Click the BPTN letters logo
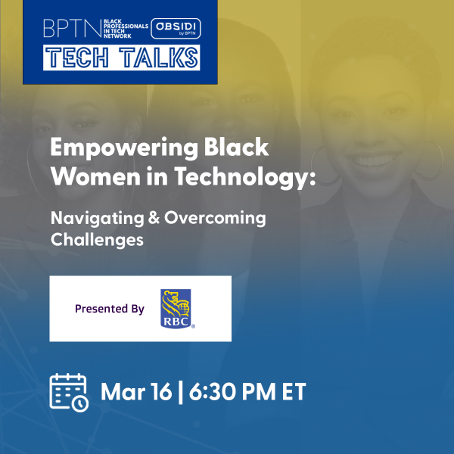pos(73,29)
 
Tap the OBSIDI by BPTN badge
pos(176,29)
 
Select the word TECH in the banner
pos(77,58)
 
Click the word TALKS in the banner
pos(159,58)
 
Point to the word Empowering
pos(124,148)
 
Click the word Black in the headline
pos(236,147)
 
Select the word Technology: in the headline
pos(245,177)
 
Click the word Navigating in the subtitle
pos(98,219)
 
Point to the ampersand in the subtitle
pos(154,217)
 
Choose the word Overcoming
pos(215,219)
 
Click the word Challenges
pos(98,240)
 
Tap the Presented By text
pos(110,309)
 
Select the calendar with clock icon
pos(69,392)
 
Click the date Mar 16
pos(136,391)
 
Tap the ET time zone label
pos(294,391)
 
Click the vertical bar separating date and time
pos(180,392)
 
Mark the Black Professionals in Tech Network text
pos(126,29)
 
